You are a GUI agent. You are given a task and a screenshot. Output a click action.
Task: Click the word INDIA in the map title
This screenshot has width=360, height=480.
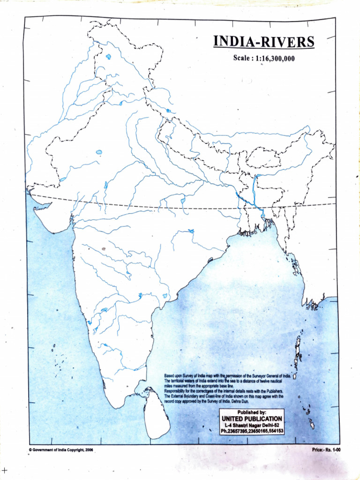234,42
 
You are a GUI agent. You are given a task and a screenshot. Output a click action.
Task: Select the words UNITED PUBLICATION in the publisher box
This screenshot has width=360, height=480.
252,418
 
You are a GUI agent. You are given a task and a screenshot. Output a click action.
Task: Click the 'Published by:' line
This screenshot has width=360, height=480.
252,412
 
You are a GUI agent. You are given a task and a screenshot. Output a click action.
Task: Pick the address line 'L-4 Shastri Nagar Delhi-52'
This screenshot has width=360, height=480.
252,425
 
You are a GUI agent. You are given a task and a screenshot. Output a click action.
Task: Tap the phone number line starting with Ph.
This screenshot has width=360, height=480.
252,431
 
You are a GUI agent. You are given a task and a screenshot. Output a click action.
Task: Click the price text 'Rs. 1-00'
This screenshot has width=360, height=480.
329,450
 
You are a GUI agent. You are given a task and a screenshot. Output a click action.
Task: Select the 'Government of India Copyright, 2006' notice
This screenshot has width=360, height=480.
61,450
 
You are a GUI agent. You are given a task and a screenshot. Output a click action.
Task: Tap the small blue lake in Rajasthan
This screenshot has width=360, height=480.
99,152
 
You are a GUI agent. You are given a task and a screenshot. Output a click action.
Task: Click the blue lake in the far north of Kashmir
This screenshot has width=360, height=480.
108,57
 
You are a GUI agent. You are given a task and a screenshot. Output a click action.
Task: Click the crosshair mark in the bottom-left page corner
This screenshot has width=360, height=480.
5,470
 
